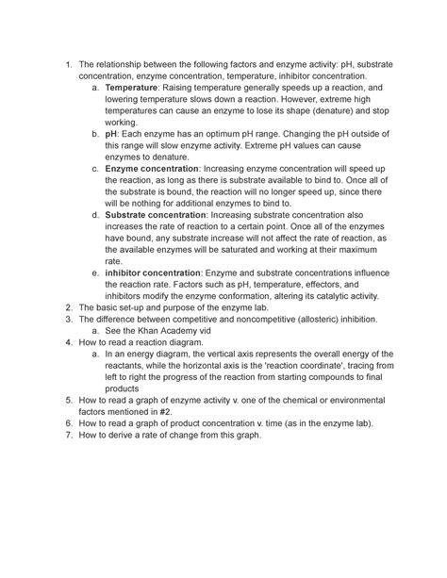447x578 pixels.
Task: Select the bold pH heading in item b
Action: point(111,135)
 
